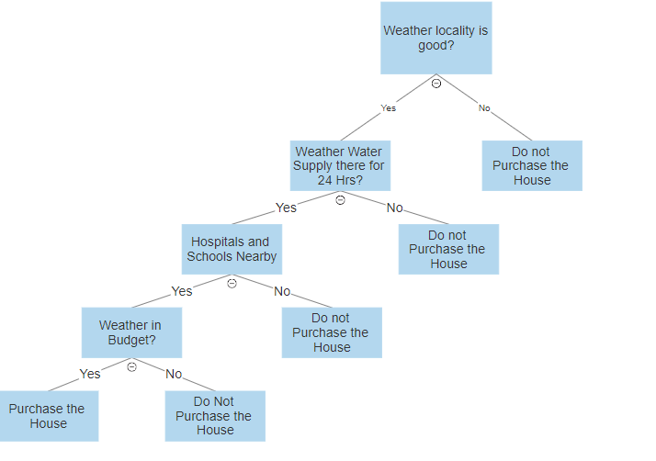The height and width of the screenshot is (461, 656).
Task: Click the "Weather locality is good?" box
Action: pyautogui.click(x=435, y=38)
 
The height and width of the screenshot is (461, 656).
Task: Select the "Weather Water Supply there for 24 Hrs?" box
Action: pyautogui.click(x=339, y=165)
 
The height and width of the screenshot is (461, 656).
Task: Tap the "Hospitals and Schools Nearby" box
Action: pyautogui.click(x=231, y=249)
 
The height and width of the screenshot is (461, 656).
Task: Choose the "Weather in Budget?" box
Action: pyautogui.click(x=130, y=332)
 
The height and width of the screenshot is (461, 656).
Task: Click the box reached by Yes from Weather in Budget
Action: pyautogui.click(x=48, y=416)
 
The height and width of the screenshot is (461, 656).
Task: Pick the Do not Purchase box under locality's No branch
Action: pyautogui.click(x=532, y=165)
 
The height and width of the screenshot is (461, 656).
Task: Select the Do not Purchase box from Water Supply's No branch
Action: pyautogui.click(x=448, y=249)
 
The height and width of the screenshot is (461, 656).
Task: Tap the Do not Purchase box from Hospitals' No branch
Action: pyautogui.click(x=332, y=332)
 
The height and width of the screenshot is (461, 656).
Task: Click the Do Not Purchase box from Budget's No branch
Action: pyautogui.click(x=215, y=415)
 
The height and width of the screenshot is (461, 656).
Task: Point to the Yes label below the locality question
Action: pyautogui.click(x=389, y=108)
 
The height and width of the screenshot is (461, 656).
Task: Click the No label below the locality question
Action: pyautogui.click(x=484, y=108)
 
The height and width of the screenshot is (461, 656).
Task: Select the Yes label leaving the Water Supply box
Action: pyautogui.click(x=287, y=208)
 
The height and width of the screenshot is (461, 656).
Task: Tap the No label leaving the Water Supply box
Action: pyautogui.click(x=394, y=208)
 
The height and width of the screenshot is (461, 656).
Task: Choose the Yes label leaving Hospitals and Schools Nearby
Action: pyautogui.click(x=182, y=291)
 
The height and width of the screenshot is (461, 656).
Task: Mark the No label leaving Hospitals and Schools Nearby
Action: pyautogui.click(x=282, y=291)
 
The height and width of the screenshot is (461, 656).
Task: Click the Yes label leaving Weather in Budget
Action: pyautogui.click(x=90, y=374)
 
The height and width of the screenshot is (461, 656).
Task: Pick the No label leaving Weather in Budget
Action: pyautogui.click(x=174, y=374)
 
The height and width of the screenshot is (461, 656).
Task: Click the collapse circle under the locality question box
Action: pyautogui.click(x=436, y=84)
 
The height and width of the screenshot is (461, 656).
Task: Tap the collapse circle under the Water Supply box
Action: pyautogui.click(x=340, y=199)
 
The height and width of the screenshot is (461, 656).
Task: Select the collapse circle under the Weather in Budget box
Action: pyautogui.click(x=131, y=366)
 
